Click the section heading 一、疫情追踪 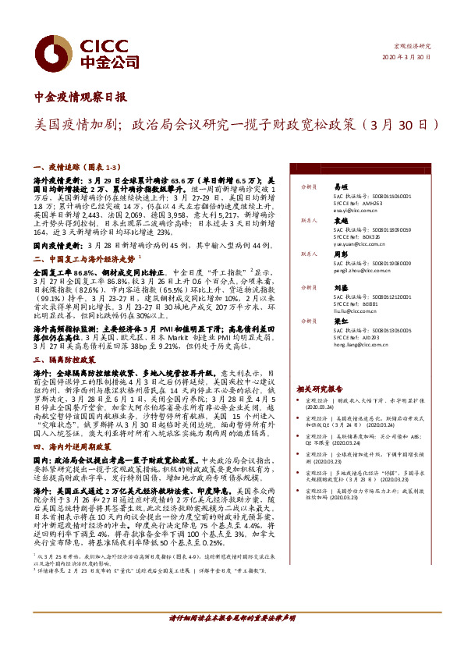click(58, 167)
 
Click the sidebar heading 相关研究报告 click(320, 388)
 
